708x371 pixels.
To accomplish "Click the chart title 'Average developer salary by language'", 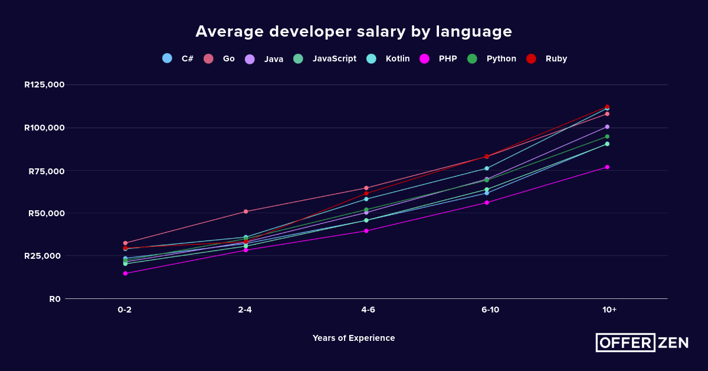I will [x=353, y=31].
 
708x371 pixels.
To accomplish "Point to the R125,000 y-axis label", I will [x=44, y=84].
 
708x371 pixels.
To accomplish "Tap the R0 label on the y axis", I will [x=55, y=299].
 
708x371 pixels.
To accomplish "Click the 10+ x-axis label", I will [x=609, y=310].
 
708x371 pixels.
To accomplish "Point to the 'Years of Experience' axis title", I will [x=353, y=338].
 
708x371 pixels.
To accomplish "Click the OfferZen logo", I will [x=642, y=343].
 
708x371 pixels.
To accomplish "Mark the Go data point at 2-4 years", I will [x=246, y=211].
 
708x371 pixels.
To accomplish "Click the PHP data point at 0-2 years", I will [x=125, y=274].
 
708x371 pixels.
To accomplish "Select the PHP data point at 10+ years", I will [x=607, y=167].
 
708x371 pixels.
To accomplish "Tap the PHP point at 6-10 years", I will [x=487, y=203].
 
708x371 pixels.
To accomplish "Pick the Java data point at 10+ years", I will [x=607, y=127].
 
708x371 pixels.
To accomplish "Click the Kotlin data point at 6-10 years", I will [x=487, y=168].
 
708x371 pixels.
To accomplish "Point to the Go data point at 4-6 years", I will [x=366, y=188].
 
